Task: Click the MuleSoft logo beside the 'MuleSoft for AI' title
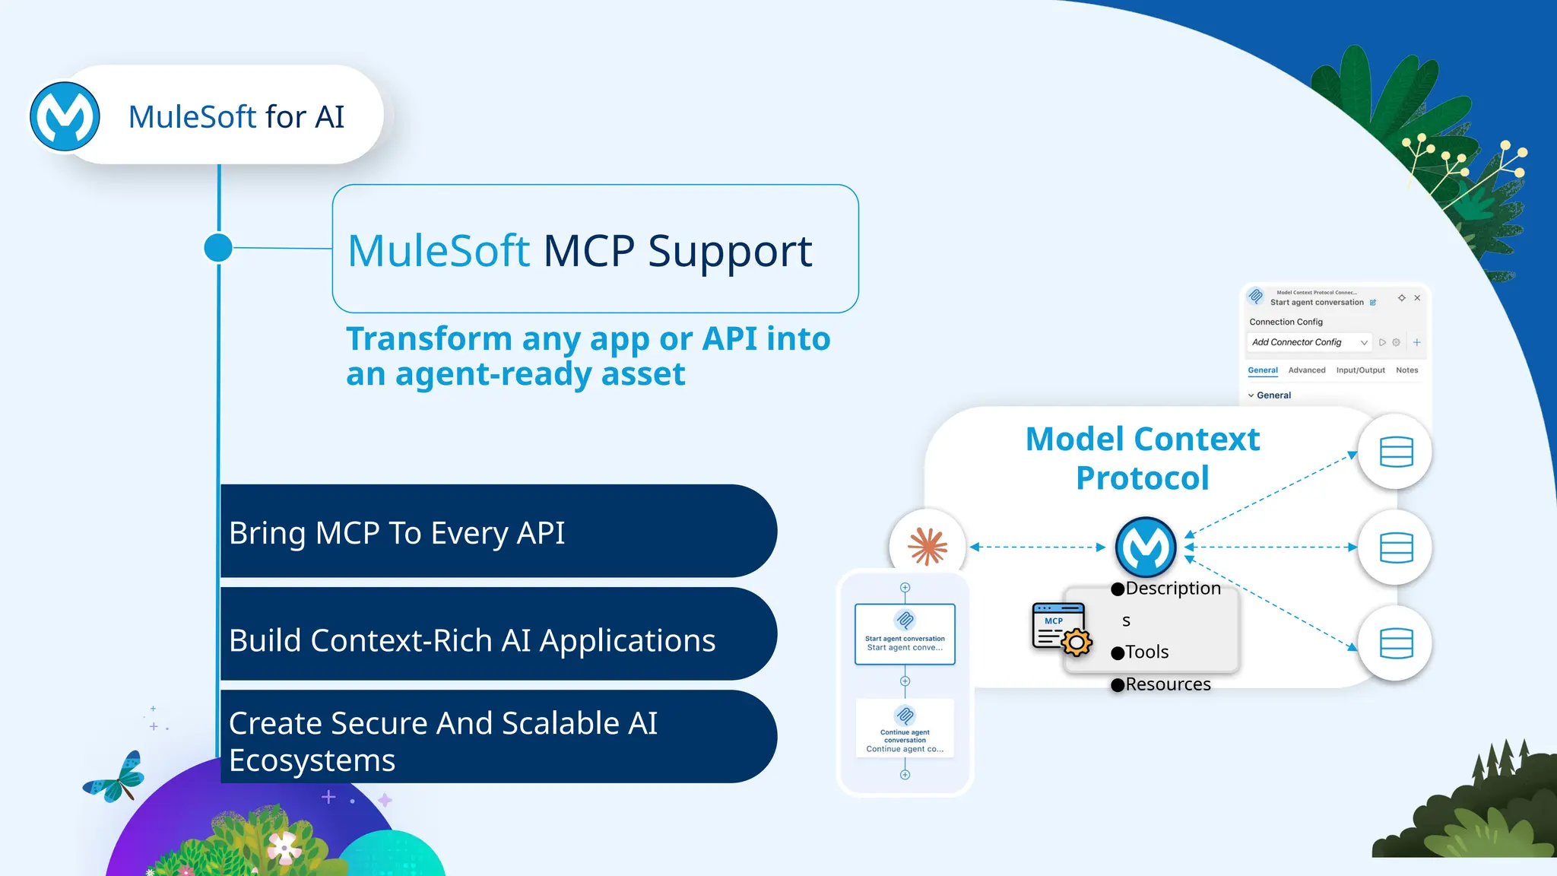click(65, 116)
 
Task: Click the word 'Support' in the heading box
click(730, 252)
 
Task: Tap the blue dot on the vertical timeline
click(218, 248)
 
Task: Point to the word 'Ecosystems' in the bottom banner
click(312, 760)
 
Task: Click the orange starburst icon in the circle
click(928, 546)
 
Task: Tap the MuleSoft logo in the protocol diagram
click(1145, 547)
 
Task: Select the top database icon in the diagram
click(1396, 452)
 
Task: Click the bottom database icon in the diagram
click(1396, 643)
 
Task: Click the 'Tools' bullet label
click(1146, 652)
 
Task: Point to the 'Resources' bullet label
click(1167, 684)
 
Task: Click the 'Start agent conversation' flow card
click(905, 634)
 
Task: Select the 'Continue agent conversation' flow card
click(905, 728)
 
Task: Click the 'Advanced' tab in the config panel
click(1306, 370)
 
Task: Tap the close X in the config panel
click(1417, 298)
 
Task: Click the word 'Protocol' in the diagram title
click(1142, 478)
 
